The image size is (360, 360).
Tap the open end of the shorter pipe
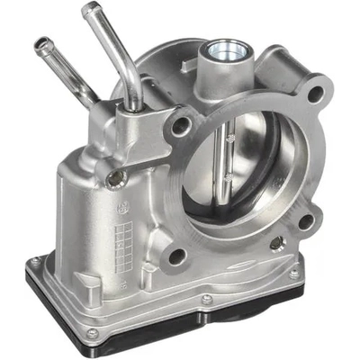41,41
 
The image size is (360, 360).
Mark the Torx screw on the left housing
114,178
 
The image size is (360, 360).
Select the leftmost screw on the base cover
36,262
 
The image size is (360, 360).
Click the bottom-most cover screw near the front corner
92,334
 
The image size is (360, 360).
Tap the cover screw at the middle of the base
206,299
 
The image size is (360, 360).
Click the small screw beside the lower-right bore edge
276,242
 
